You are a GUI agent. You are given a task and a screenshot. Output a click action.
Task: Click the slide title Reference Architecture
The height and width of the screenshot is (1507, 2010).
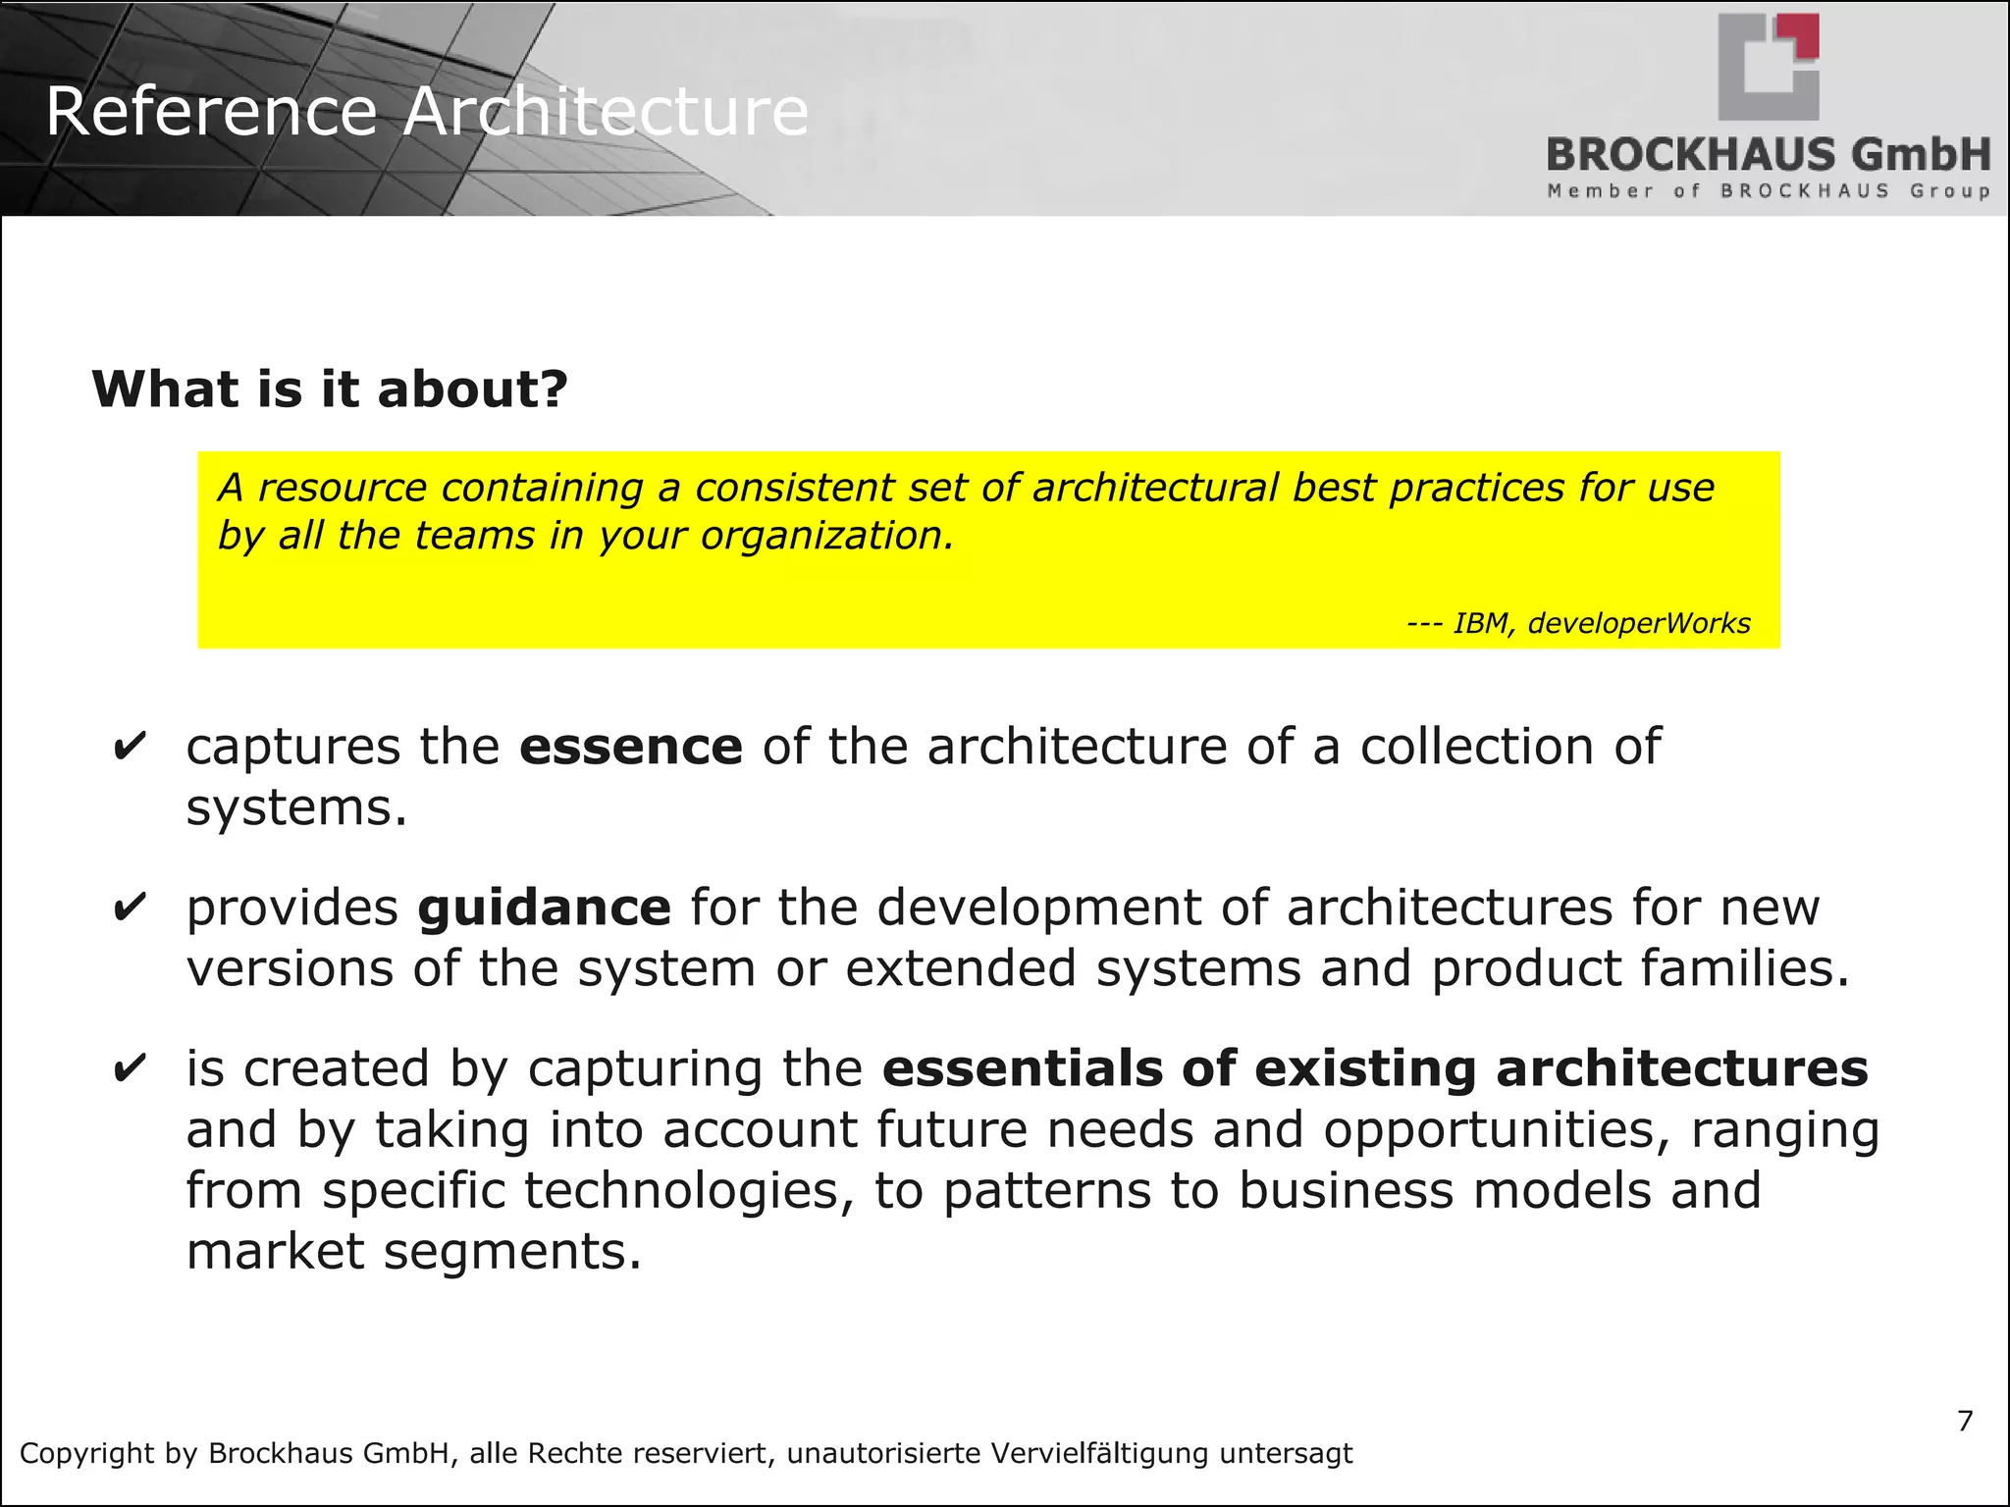(x=427, y=111)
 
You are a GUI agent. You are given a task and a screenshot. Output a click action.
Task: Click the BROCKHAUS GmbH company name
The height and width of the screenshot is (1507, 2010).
(x=1769, y=155)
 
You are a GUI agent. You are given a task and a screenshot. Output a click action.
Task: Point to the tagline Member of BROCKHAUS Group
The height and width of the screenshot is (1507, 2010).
(x=1769, y=191)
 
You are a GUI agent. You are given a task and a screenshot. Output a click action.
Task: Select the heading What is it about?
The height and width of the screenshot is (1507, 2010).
(x=330, y=390)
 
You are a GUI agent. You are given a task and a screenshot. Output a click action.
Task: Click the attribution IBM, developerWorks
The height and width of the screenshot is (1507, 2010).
(x=1601, y=623)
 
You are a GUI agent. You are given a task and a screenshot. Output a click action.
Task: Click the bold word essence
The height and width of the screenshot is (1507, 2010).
(x=631, y=748)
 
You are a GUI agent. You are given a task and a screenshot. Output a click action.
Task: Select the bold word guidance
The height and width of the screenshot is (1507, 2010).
(x=544, y=908)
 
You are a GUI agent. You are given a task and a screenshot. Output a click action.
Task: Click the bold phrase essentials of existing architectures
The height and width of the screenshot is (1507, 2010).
(x=1374, y=1068)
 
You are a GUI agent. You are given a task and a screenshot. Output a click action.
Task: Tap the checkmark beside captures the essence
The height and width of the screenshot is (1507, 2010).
(x=130, y=747)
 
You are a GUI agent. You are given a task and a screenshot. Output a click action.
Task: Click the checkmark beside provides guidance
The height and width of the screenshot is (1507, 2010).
(x=130, y=908)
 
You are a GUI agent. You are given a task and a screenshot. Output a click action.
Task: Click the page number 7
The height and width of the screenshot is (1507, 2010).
(x=1965, y=1421)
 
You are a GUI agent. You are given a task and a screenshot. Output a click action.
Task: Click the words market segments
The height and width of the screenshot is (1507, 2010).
(x=413, y=1252)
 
